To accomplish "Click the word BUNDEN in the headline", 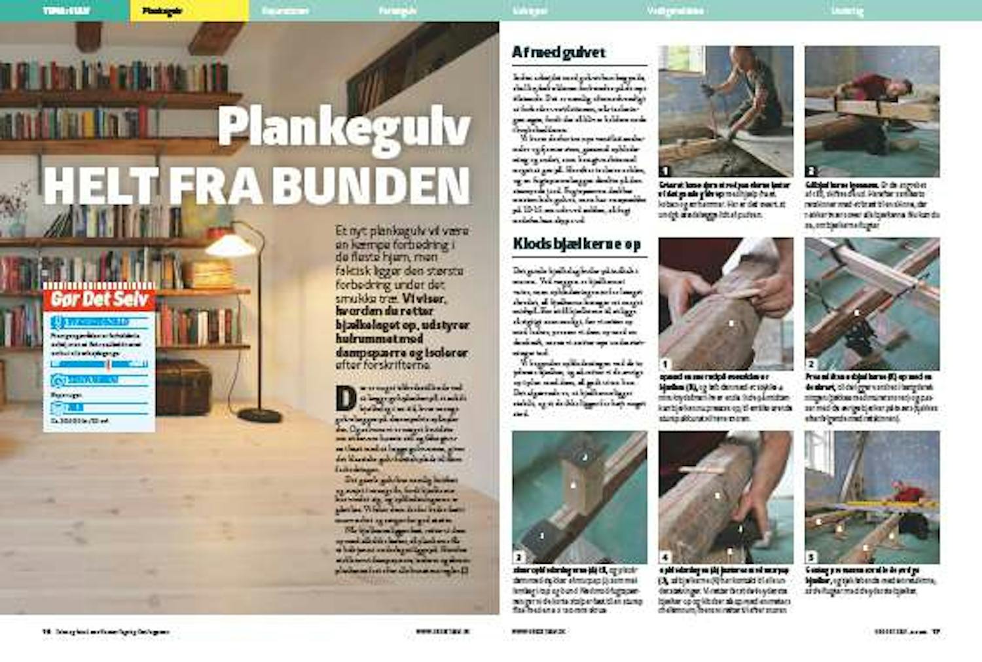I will click(371, 186).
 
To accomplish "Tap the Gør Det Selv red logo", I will click(100, 300).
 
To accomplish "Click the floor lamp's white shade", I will click(230, 246).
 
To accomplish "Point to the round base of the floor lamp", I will click(260, 415).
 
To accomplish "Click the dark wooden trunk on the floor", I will click(183, 387).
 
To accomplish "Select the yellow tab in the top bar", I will click(189, 10).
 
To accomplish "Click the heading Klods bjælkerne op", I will click(576, 244).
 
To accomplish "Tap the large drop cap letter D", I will click(345, 397).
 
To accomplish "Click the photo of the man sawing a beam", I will click(871, 111).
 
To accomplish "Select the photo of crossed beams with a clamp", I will click(871, 304).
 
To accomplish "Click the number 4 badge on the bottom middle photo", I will click(665, 557).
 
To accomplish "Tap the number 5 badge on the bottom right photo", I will click(811, 557).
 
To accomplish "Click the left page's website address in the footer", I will click(443, 632).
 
